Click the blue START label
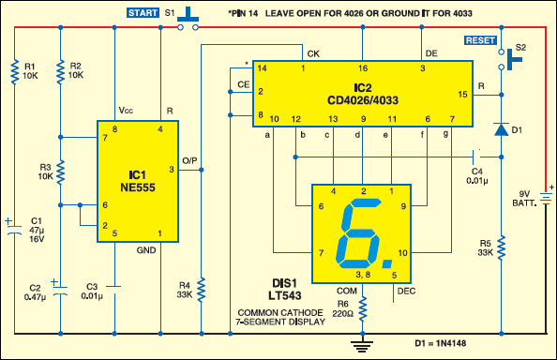pyautogui.click(x=143, y=13)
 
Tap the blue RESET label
pyautogui.click(x=480, y=40)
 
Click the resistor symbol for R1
pyautogui.click(x=15, y=72)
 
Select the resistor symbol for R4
pyautogui.click(x=202, y=290)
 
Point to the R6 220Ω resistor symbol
pyautogui.click(x=362, y=308)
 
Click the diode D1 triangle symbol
pyautogui.click(x=502, y=129)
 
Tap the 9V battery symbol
pyautogui.click(x=547, y=199)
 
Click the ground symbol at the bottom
pyautogui.click(x=362, y=346)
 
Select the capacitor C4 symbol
pyautogui.click(x=476, y=157)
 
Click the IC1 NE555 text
pyautogui.click(x=138, y=181)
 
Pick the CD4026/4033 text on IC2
pyautogui.click(x=363, y=100)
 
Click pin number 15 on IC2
pyautogui.click(x=462, y=95)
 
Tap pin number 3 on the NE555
pyautogui.click(x=172, y=170)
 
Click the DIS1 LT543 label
pyautogui.click(x=284, y=290)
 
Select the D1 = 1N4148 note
pyautogui.click(x=440, y=343)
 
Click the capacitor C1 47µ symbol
pyautogui.click(x=14, y=229)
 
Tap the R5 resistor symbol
pyautogui.click(x=502, y=247)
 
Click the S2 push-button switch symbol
pyautogui.click(x=510, y=59)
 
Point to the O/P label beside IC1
pyautogui.click(x=189, y=161)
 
